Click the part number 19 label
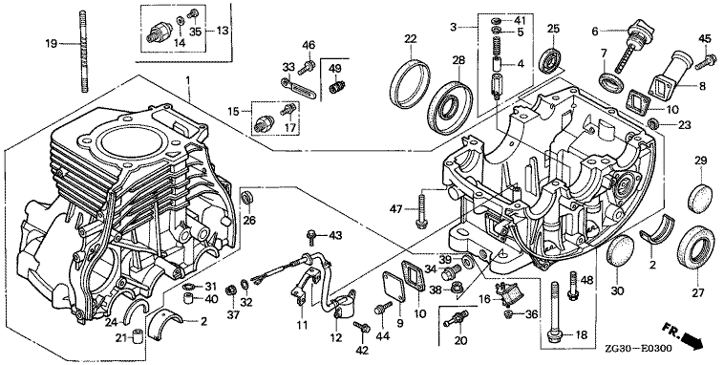[51, 44]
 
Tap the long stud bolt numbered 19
[84, 51]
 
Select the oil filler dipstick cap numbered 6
[636, 44]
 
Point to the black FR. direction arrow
[692, 342]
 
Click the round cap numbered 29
[700, 198]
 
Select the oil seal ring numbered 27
[696, 249]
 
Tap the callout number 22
[411, 39]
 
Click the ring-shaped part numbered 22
[410, 83]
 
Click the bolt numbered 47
[421, 210]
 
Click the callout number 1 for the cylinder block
[188, 80]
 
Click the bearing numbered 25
[549, 58]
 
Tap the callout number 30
[617, 291]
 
